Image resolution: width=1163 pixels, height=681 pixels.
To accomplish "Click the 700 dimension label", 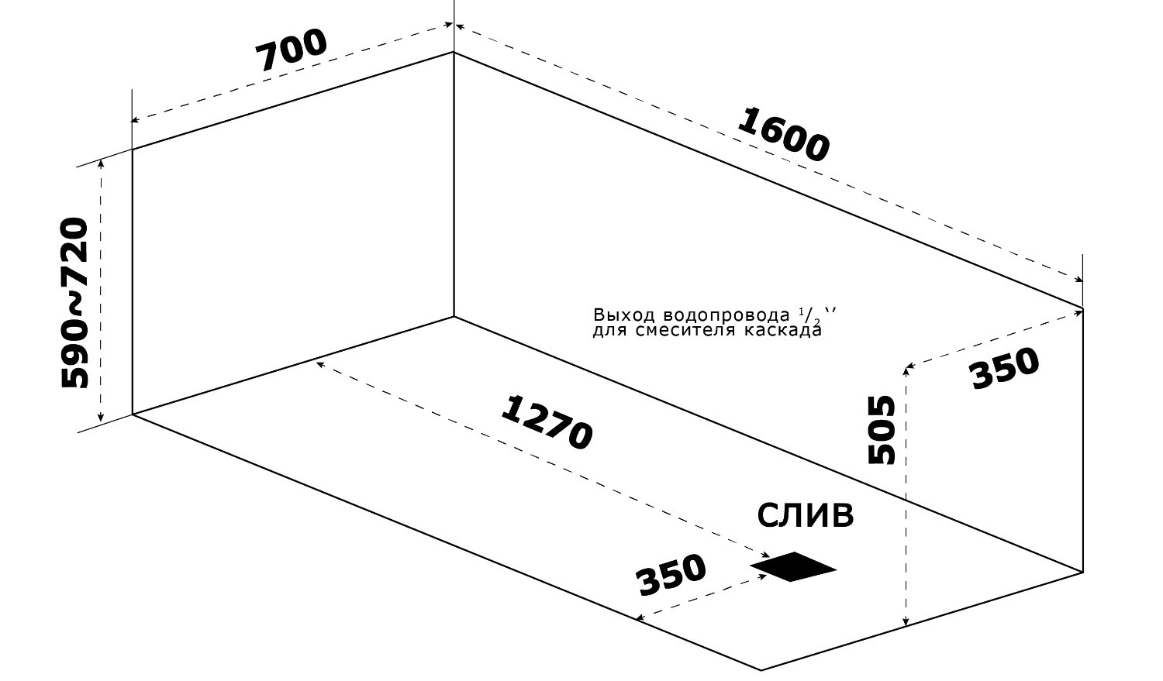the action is tap(292, 50).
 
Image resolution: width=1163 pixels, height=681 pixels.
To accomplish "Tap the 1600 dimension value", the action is tap(783, 135).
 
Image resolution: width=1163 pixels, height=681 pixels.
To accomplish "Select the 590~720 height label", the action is tap(74, 304).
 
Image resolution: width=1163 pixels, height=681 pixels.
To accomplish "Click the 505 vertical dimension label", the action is tap(882, 430).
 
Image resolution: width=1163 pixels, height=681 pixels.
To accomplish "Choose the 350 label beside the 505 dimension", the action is tap(1005, 369).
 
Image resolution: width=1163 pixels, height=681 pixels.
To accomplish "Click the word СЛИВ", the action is tap(806, 515).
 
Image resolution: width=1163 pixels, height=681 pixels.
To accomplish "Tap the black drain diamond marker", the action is tap(793, 566).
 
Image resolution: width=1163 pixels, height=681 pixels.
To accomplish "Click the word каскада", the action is tap(782, 330).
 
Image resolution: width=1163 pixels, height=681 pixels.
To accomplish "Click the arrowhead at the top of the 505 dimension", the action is tap(906, 370).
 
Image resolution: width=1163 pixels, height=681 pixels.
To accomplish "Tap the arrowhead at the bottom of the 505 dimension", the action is tap(906, 622).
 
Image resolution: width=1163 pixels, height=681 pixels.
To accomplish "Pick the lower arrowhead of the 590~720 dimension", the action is tap(102, 418).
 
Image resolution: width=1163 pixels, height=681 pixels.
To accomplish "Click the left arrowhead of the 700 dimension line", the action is tap(134, 120).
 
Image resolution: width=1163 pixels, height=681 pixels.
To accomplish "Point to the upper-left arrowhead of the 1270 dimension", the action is tap(320, 365).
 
